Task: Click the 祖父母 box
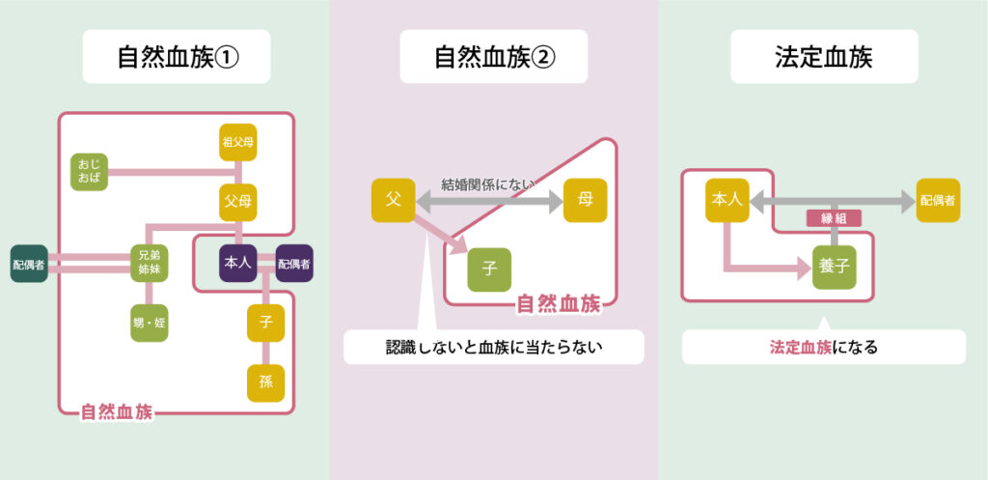238,144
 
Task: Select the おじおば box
90,172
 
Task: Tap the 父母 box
238,202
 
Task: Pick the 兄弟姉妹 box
150,263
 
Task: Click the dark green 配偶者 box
29,263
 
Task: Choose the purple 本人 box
237,263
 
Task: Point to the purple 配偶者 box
294,263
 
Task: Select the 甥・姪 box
150,323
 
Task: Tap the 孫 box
265,381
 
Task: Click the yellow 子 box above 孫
265,322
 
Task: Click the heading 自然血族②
493,57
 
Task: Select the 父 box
393,201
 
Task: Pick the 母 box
586,201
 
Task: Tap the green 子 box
489,269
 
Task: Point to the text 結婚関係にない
488,184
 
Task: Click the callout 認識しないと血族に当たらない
493,347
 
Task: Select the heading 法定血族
823,57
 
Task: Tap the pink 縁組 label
833,219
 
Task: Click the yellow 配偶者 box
937,201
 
